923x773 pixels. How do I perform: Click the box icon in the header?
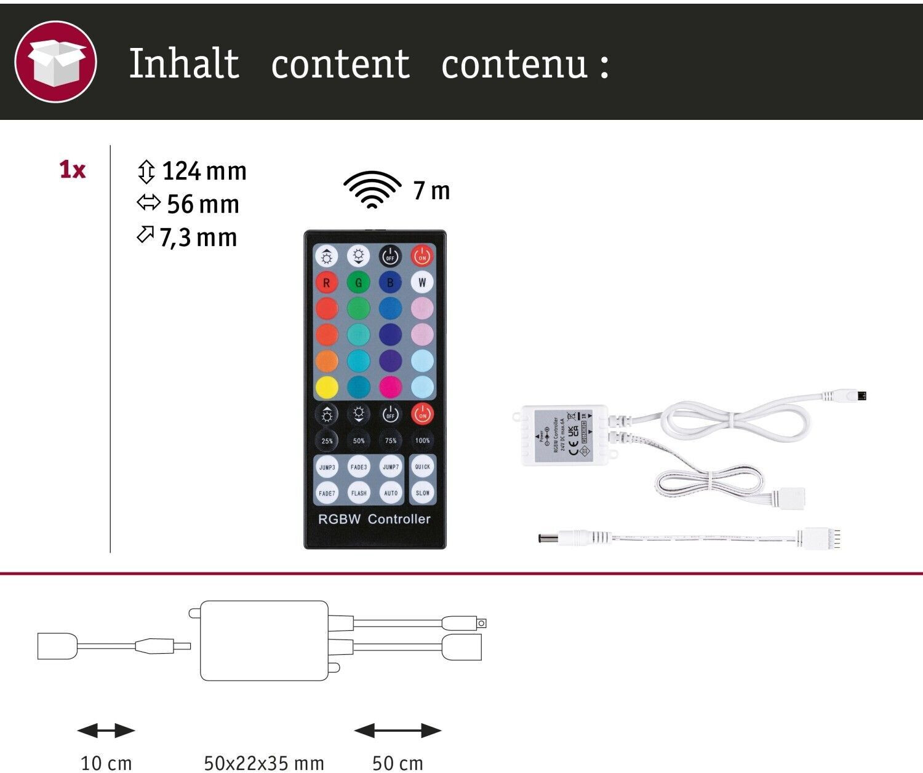[55, 61]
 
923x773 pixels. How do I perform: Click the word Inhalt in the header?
[183, 63]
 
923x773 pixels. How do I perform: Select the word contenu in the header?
[514, 65]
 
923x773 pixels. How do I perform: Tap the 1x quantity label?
[73, 170]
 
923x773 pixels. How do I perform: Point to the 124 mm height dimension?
[191, 172]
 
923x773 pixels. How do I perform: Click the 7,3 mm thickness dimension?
[187, 238]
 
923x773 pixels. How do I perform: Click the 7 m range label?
[432, 191]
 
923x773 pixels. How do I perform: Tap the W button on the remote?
[422, 283]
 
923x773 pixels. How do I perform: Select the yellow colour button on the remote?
[327, 387]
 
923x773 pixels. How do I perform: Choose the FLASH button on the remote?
[359, 493]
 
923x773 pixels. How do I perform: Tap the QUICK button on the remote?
[422, 467]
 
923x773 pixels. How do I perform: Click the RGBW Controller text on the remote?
[374, 519]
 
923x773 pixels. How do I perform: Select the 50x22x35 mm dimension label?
[263, 763]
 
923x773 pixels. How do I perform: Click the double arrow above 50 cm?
[398, 731]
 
